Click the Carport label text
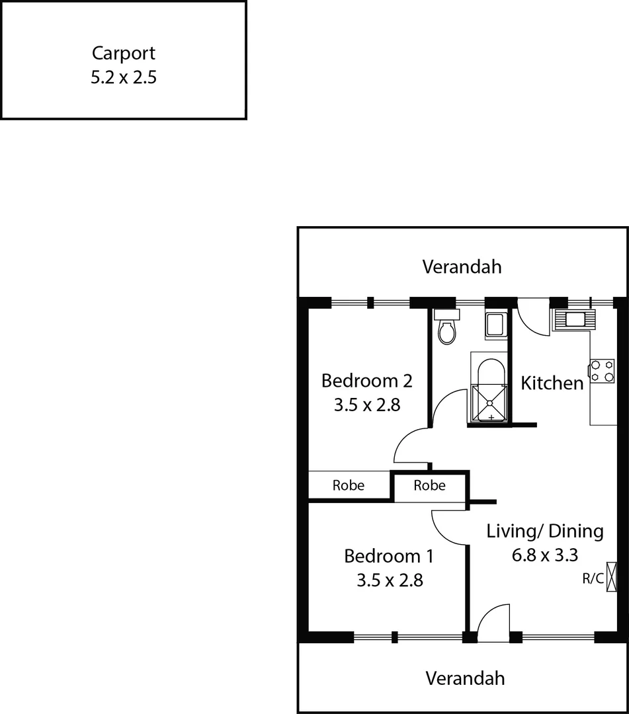point(124,53)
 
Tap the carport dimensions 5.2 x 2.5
point(124,77)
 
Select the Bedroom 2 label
point(367,381)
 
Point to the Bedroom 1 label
point(389,556)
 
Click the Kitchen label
point(552,383)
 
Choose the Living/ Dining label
point(545,531)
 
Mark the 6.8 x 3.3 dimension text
point(545,555)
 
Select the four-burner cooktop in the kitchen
point(602,370)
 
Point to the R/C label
point(593,579)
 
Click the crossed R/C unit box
point(612,576)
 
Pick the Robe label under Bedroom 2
point(349,485)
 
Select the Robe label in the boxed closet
point(430,485)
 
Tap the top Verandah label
point(462,267)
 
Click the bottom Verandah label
point(465,678)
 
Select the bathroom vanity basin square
point(495,325)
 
